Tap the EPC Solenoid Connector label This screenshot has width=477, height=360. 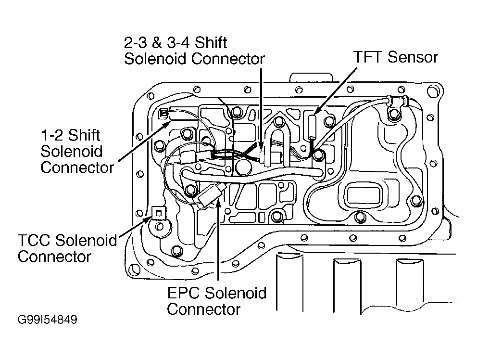coord(216,300)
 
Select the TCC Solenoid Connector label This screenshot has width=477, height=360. coord(67,248)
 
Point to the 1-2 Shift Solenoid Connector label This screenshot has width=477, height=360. coord(77,152)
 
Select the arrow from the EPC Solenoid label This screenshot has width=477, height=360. coord(218,241)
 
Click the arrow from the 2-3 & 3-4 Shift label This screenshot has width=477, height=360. coord(261,106)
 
